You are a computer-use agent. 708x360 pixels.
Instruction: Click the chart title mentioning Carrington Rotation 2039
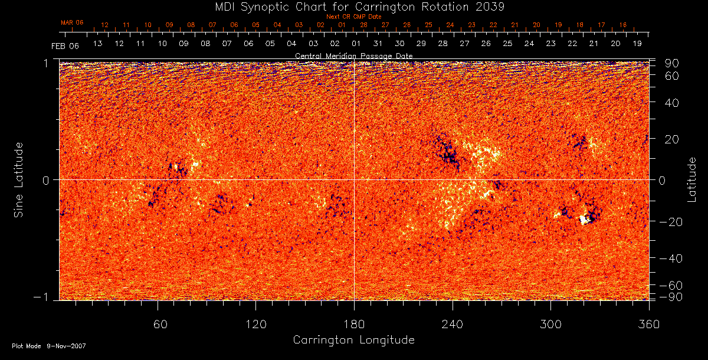tap(353, 7)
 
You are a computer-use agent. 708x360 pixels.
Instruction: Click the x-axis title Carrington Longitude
tap(353, 340)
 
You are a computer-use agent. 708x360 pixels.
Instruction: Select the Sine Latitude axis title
tap(19, 179)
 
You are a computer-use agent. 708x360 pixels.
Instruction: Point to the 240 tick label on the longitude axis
tap(453, 324)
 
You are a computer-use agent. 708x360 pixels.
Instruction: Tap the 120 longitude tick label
tap(255, 324)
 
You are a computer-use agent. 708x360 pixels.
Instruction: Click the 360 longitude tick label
tap(648, 324)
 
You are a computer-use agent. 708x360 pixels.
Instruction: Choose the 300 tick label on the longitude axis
tap(550, 324)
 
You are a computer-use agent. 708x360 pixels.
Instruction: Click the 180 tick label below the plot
tap(353, 324)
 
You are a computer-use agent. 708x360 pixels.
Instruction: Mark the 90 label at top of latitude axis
tap(672, 63)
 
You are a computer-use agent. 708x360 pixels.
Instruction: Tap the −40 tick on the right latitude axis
tap(669, 258)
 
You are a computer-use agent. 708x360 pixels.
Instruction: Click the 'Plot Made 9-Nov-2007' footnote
tap(49, 346)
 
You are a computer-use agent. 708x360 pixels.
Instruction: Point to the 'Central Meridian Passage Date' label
tap(353, 55)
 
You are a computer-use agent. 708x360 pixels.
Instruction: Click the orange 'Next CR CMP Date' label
tap(353, 17)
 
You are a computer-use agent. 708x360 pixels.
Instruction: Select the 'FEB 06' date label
tap(65, 45)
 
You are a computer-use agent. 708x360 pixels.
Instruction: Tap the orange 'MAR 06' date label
tap(72, 22)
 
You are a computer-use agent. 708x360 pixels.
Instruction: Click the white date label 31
tap(378, 44)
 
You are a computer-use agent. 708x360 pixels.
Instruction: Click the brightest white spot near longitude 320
tap(584, 220)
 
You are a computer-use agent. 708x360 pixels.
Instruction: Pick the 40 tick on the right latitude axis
tap(672, 103)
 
